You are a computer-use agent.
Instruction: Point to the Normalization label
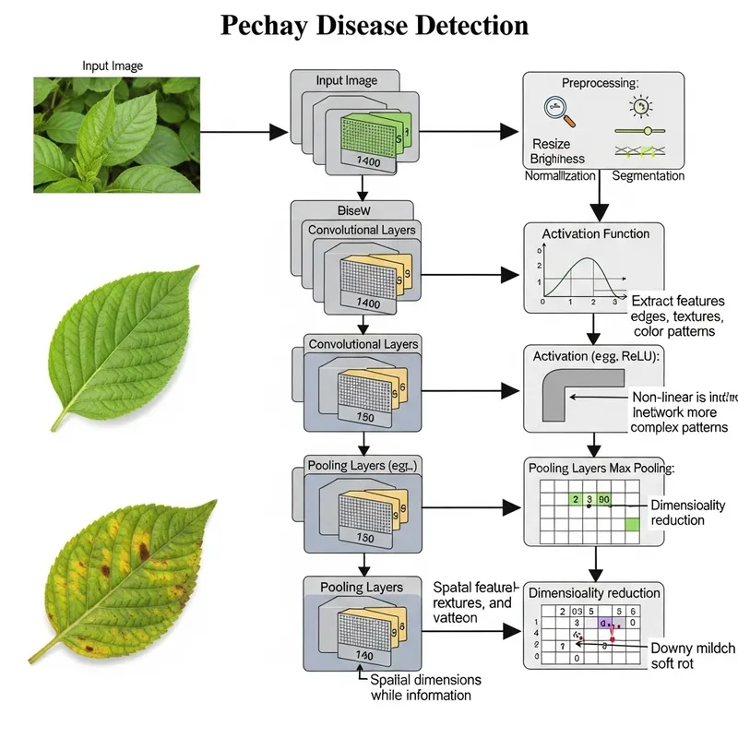560,175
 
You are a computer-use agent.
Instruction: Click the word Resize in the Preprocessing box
551,144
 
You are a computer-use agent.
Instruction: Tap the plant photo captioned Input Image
116,134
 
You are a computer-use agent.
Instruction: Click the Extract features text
678,301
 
